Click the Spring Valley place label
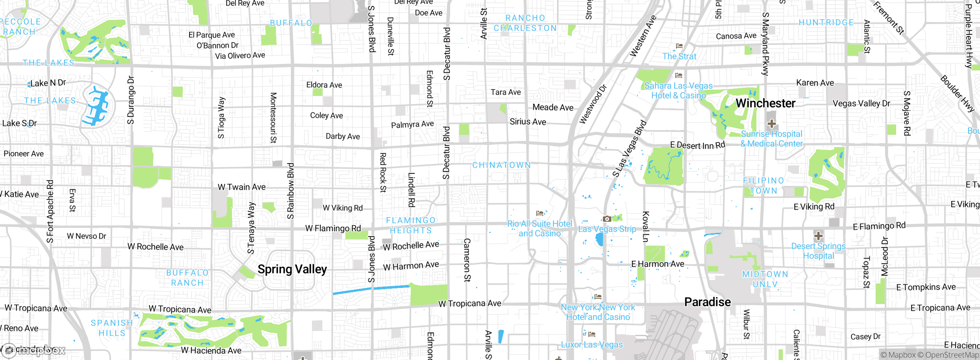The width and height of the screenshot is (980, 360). point(292,269)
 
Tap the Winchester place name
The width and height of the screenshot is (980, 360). point(765,103)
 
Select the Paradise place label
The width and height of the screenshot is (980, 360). point(707,302)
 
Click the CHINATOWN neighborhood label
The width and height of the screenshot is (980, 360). point(501,165)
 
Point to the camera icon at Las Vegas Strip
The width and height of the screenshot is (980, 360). point(607,219)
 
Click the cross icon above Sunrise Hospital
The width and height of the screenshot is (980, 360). point(772,123)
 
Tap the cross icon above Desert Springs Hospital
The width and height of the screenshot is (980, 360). point(818,236)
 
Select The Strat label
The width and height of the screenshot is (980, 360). point(679,56)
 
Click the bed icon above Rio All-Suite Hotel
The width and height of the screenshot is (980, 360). point(540,213)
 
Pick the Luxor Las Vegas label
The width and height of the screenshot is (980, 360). point(592,344)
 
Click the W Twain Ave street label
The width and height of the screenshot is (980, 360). point(242,187)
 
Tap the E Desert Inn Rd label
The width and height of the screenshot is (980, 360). point(697,145)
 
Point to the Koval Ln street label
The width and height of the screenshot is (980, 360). point(645,226)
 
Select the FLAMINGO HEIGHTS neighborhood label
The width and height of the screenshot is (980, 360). point(411,225)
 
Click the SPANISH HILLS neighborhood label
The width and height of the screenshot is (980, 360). point(112,328)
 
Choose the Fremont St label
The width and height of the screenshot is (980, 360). point(889,18)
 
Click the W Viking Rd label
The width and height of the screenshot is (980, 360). point(343,208)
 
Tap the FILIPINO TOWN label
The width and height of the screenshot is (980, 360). point(763,185)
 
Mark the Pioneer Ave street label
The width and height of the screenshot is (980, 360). point(24,154)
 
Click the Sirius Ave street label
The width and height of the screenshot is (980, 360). point(528,122)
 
